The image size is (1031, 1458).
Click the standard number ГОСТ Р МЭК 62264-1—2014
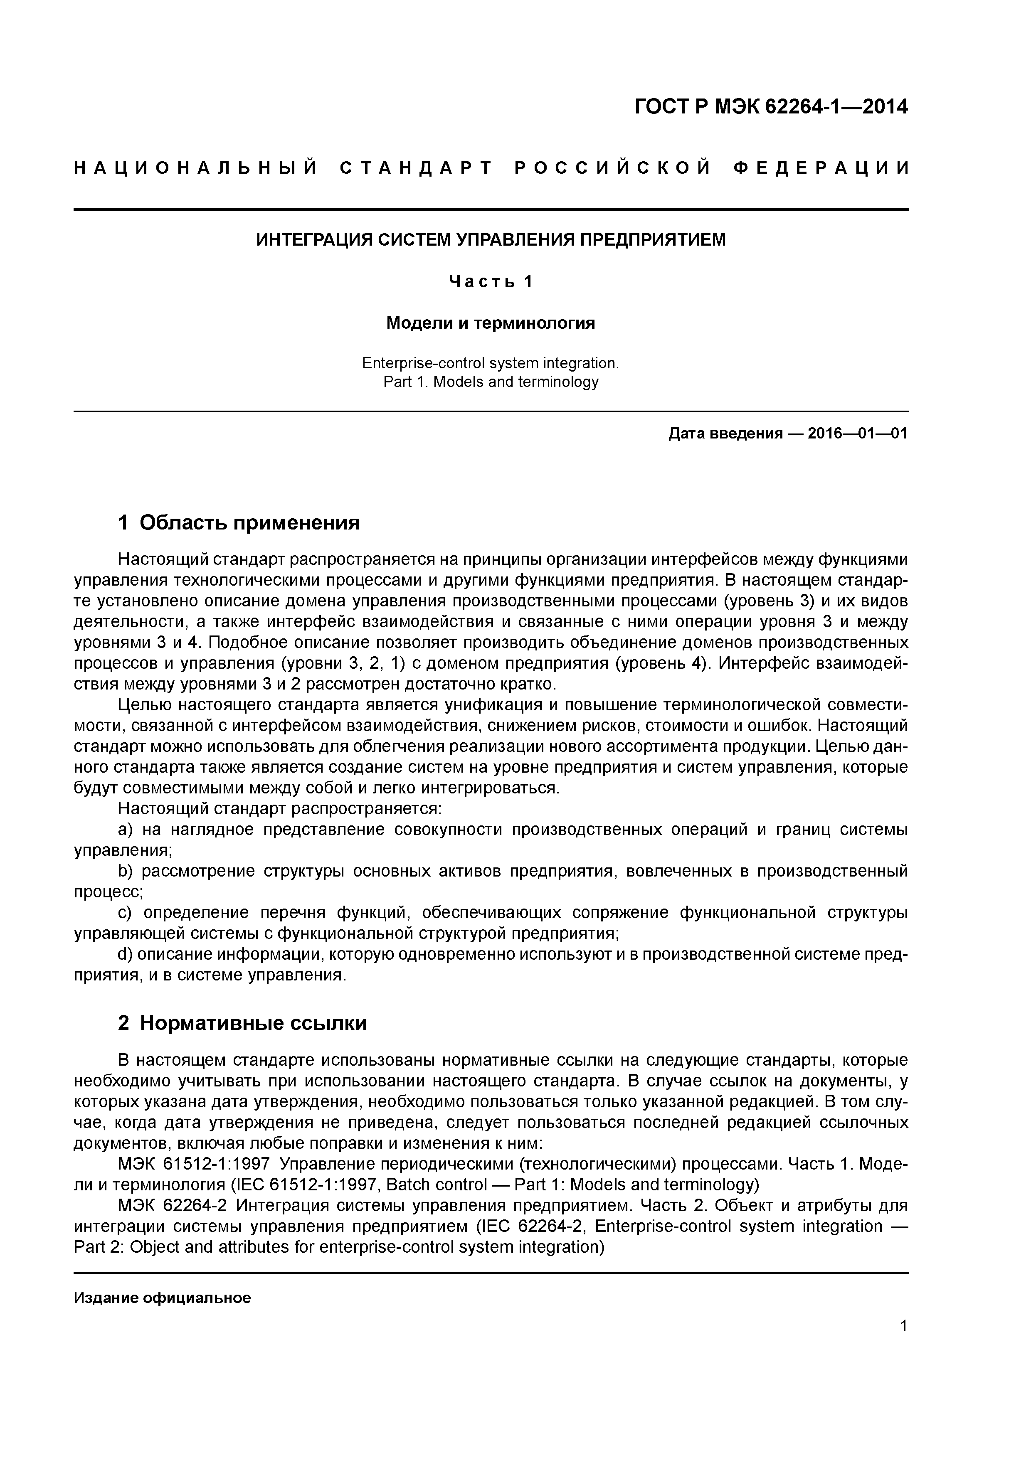pos(771,107)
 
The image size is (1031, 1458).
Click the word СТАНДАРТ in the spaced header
pos(416,168)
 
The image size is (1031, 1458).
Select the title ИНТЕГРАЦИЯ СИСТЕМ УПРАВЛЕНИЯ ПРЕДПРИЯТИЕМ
pos(491,240)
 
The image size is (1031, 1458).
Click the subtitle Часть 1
pos(491,281)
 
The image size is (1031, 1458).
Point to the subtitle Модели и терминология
pos(491,323)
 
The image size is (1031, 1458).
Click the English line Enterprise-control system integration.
pos(491,363)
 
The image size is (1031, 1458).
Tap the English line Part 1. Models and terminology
pos(491,382)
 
